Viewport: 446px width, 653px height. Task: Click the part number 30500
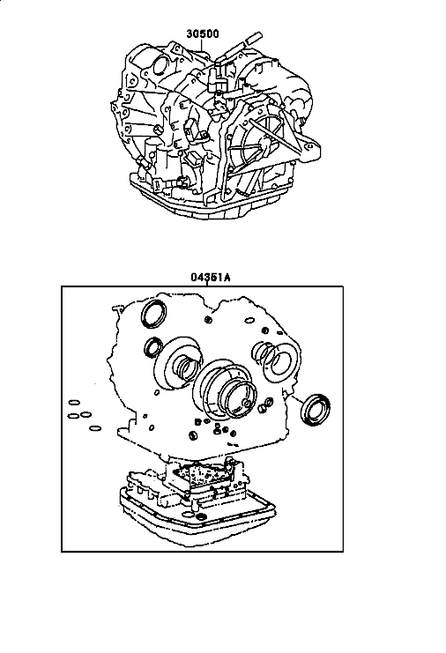tap(203, 33)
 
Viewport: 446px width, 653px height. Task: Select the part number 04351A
tap(211, 277)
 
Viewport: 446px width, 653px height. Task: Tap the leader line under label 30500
tap(203, 45)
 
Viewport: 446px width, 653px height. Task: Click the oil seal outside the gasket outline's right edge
tap(316, 410)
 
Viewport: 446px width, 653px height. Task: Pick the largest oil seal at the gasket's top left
tap(153, 313)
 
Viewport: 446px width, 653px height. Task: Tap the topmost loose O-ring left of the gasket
tap(74, 403)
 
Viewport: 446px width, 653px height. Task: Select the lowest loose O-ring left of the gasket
tap(95, 428)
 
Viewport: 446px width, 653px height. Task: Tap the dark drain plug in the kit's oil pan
tap(201, 518)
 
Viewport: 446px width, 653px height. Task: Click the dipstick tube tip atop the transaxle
tap(254, 37)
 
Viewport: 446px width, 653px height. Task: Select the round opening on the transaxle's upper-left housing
tap(160, 66)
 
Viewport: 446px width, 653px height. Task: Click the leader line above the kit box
tap(207, 284)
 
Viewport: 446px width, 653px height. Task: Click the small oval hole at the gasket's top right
tap(249, 321)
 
